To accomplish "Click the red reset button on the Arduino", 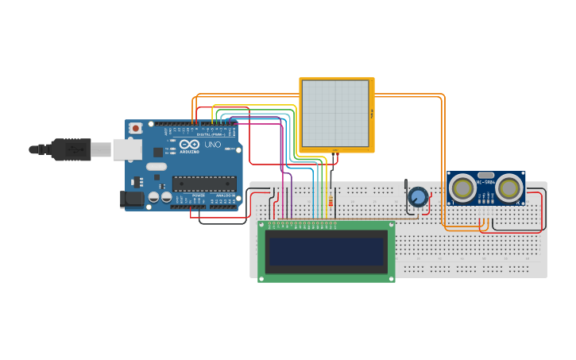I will click(x=136, y=127).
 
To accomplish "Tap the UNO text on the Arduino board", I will click(x=213, y=145).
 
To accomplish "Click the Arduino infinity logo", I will click(x=188, y=144).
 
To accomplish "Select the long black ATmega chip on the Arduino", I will click(x=204, y=184).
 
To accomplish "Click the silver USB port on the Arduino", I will click(x=126, y=149).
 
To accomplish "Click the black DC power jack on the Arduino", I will click(x=131, y=199).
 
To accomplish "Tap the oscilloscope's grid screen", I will click(x=335, y=113).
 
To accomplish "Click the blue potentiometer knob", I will click(x=418, y=196).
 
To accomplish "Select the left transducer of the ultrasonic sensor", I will click(x=462, y=188).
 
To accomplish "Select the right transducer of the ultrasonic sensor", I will click(x=510, y=188).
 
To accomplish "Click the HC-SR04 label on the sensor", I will click(x=485, y=182).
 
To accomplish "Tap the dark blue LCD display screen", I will click(x=327, y=251).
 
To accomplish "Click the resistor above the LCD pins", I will click(x=331, y=205).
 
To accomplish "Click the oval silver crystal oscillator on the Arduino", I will click(x=157, y=167).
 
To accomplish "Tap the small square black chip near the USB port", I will click(x=158, y=151).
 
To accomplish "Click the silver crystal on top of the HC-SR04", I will click(x=485, y=174).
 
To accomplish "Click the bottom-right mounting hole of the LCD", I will click(x=390, y=278).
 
